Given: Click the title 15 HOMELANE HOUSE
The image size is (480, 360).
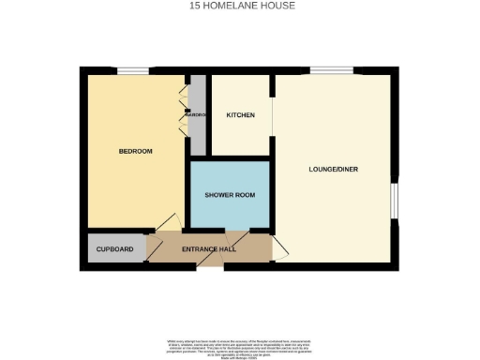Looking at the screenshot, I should (240, 6).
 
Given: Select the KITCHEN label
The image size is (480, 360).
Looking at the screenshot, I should (241, 115).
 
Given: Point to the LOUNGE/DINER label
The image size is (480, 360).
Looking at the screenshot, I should (334, 170).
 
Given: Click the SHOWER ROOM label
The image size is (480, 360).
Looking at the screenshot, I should (230, 195).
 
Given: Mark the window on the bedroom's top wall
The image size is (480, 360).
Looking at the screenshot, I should (132, 69).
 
